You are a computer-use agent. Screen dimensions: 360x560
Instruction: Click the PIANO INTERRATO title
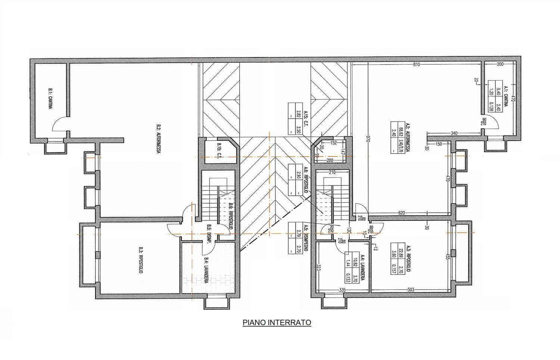coord(277,322)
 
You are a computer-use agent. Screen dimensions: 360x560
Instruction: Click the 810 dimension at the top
coord(417,65)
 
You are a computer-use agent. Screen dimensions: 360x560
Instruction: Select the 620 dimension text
coord(402,213)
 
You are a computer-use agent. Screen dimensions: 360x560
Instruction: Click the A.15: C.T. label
coord(305,118)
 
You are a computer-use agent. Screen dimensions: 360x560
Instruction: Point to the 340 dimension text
coord(454,133)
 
